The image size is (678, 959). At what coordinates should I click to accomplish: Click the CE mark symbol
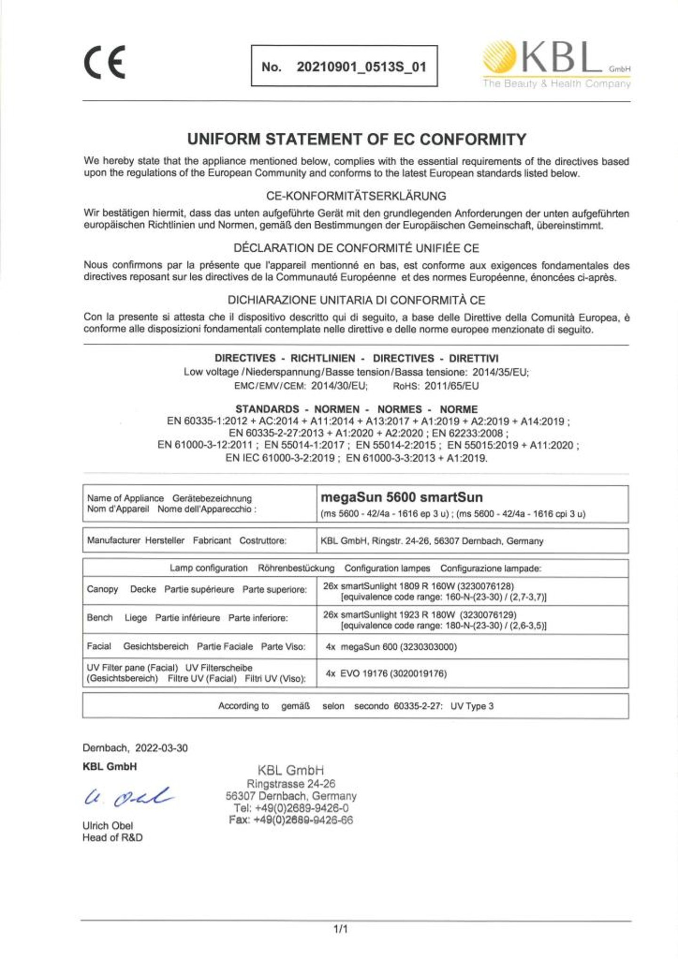[x=105, y=62]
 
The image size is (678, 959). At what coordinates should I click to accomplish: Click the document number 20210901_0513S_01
[x=361, y=67]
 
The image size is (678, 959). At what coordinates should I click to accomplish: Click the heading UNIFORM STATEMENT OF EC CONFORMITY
[x=356, y=139]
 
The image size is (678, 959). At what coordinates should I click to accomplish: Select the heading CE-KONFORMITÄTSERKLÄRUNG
[x=356, y=196]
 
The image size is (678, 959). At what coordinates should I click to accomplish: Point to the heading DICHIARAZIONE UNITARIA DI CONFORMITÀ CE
[x=356, y=300]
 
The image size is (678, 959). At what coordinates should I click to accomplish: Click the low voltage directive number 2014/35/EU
[x=500, y=372]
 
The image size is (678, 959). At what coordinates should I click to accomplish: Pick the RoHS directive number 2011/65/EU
[x=452, y=387]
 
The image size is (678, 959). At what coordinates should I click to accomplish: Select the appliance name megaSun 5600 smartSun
[x=402, y=498]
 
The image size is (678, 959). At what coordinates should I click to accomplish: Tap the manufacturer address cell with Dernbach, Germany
[x=432, y=541]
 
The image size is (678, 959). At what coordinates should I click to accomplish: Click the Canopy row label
[x=102, y=589]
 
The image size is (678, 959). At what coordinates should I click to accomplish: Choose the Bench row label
[x=100, y=618]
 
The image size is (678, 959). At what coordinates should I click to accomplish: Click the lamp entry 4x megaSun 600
[x=391, y=647]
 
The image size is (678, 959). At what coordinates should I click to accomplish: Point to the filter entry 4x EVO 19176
[x=386, y=674]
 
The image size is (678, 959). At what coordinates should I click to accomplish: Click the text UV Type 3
[x=472, y=706]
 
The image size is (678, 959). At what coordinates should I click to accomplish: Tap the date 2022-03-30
[x=161, y=748]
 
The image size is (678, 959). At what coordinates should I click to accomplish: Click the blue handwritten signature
[x=127, y=797]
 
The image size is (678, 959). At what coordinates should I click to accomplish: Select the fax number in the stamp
[x=291, y=820]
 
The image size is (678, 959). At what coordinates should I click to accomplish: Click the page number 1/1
[x=340, y=929]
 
